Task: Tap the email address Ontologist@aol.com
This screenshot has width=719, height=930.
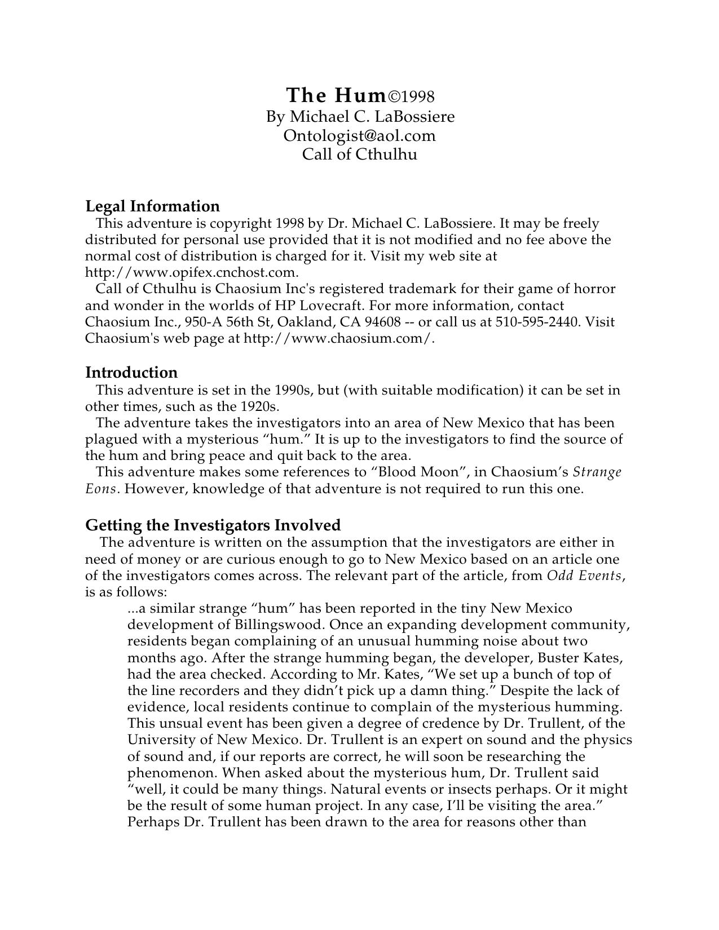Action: coord(360,135)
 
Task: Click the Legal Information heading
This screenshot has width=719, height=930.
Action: coord(152,206)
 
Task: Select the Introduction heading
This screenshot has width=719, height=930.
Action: coord(131,372)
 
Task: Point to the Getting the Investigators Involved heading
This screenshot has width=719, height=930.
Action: coord(213,525)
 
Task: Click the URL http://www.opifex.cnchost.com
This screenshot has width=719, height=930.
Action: coord(191,272)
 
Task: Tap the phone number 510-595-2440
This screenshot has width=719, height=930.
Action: coord(538,322)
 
